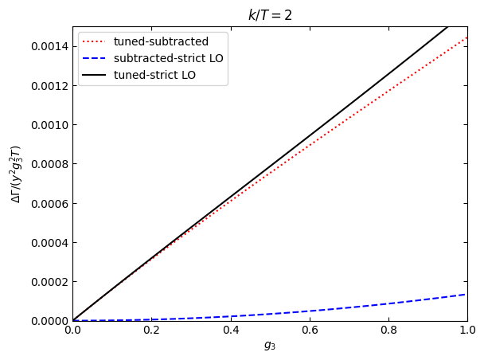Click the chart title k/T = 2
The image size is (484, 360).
click(270, 15)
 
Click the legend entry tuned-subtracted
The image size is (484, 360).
click(161, 42)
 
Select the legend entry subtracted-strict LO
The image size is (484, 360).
click(168, 58)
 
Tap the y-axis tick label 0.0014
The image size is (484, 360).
click(48, 47)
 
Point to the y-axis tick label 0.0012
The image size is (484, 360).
click(48, 86)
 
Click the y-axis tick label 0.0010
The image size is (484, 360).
click(48, 125)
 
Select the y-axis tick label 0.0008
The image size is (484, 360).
click(48, 164)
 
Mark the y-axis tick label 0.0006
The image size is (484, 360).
click(48, 203)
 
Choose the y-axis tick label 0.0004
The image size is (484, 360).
click(48, 242)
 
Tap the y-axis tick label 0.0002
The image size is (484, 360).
click(48, 281)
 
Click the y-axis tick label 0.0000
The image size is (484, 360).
click(48, 321)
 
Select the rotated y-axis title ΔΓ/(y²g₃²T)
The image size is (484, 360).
click(16, 174)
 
